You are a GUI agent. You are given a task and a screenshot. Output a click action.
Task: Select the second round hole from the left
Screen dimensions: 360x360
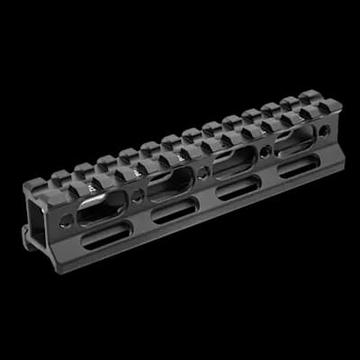[x=138, y=194]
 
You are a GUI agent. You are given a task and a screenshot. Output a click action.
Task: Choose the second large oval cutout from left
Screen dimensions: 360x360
[x=169, y=184]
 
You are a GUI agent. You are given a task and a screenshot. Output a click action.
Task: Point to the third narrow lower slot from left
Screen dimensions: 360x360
[x=238, y=187]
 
